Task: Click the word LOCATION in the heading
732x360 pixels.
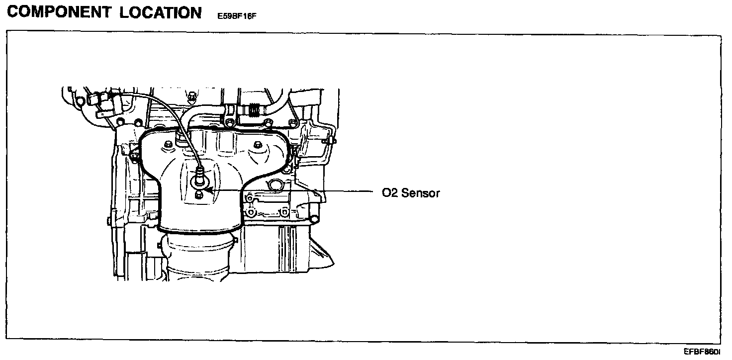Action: [x=160, y=12]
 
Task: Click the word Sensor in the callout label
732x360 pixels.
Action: [x=420, y=193]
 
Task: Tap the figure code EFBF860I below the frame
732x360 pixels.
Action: [x=702, y=352]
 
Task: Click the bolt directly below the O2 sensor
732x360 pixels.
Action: [x=199, y=194]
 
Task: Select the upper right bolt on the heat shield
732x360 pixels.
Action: [x=257, y=145]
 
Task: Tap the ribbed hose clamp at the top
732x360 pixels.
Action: [x=255, y=108]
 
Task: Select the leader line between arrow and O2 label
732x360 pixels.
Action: [x=293, y=190]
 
